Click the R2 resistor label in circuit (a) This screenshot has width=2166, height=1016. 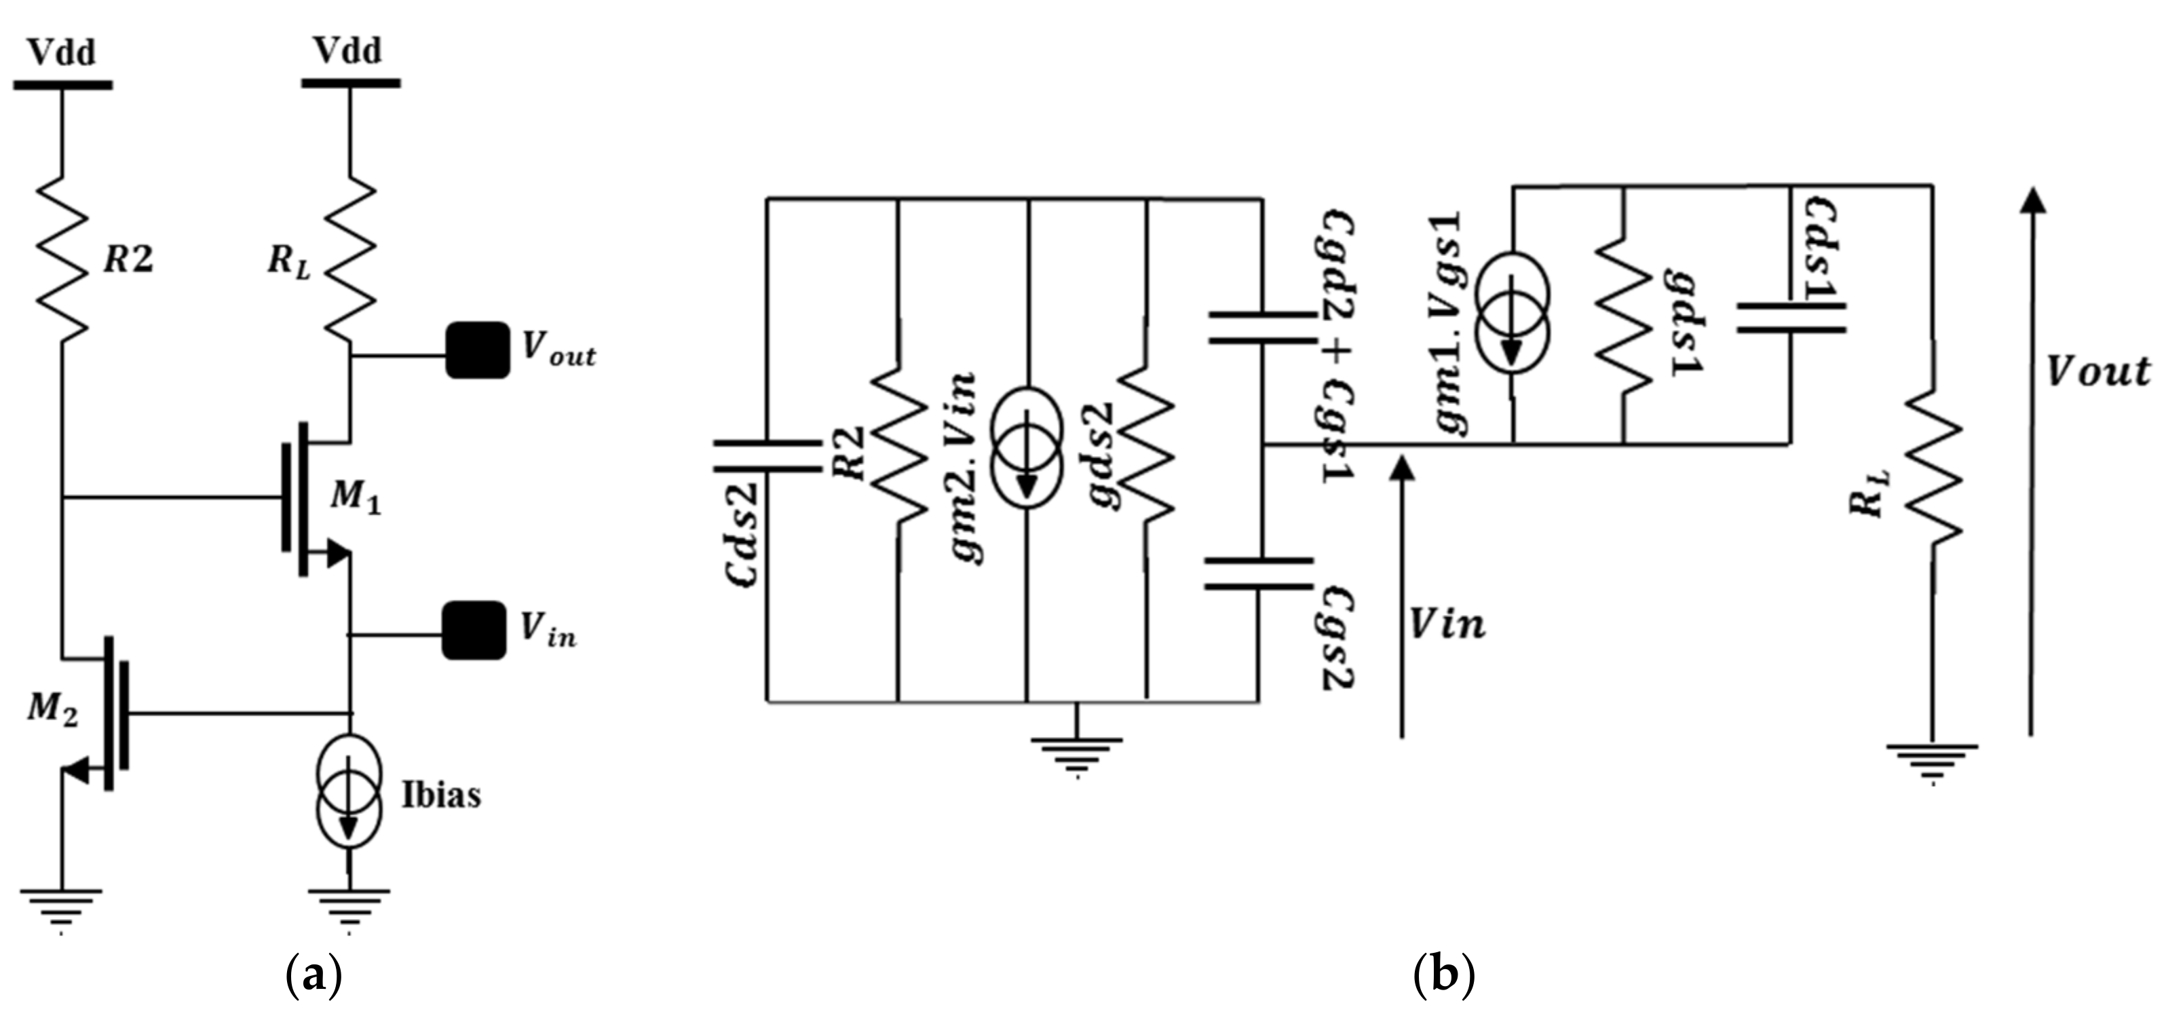[x=128, y=260]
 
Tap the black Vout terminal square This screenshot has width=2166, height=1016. [x=477, y=350]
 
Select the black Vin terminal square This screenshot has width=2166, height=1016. [x=475, y=630]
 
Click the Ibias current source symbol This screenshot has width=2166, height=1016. [x=349, y=791]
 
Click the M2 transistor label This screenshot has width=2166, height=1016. [x=52, y=711]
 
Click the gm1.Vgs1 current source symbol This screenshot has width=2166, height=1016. [x=1511, y=326]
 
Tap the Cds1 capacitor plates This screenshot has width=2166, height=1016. [x=1791, y=317]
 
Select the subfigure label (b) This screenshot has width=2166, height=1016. [x=1445, y=977]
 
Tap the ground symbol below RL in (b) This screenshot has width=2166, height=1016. [x=1933, y=761]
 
